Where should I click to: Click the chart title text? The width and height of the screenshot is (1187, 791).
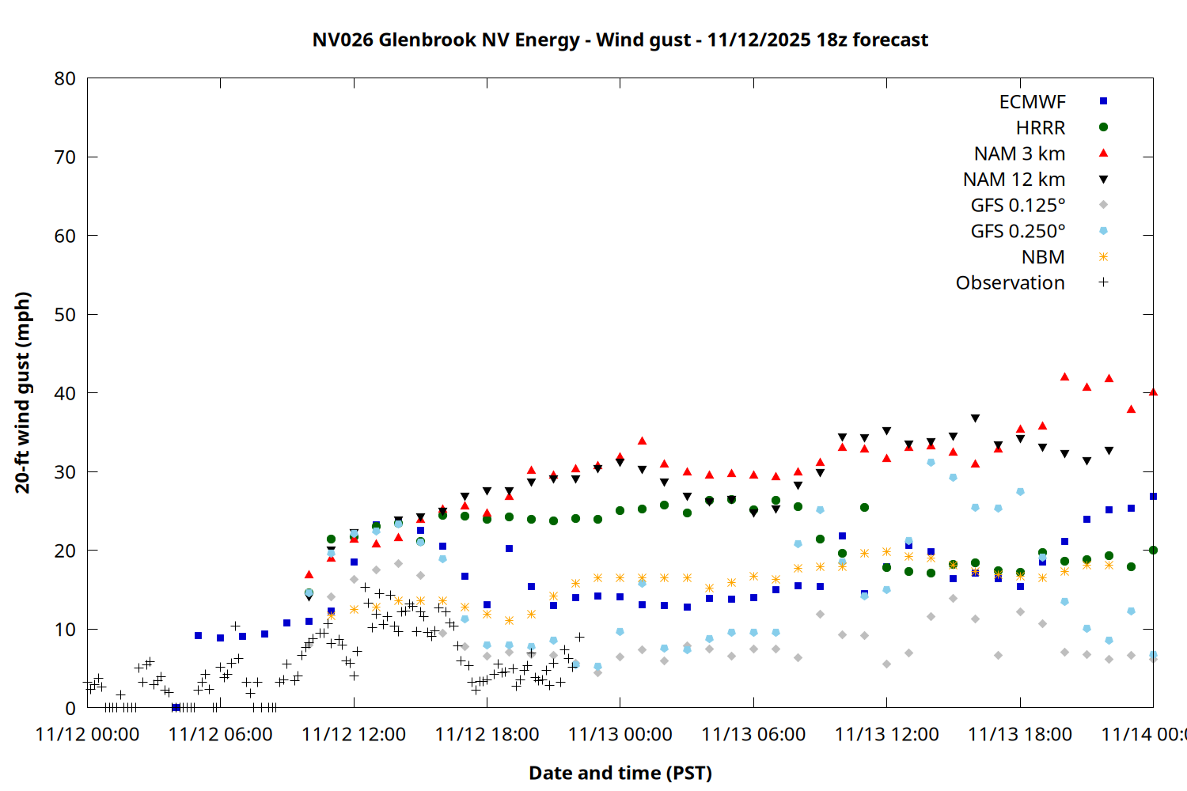tap(620, 40)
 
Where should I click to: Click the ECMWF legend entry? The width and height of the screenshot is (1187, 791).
tap(1032, 102)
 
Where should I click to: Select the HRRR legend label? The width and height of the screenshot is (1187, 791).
tap(1041, 128)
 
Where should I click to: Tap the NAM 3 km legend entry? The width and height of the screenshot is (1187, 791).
tap(1019, 153)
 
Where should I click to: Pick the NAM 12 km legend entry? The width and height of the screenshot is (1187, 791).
tap(1014, 180)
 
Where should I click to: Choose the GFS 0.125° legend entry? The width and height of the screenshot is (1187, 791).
tap(1018, 206)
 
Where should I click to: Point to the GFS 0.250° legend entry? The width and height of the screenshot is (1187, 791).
tap(1018, 232)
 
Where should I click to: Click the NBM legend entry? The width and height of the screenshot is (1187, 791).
tap(1043, 257)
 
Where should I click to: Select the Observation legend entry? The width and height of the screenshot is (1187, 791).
tap(1010, 283)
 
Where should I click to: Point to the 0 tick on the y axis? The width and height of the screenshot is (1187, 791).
tap(71, 708)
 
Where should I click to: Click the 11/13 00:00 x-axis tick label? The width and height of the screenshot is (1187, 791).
tap(620, 734)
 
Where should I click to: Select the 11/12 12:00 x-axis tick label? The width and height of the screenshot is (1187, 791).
tap(354, 734)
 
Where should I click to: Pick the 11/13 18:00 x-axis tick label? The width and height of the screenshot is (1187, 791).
tap(1020, 734)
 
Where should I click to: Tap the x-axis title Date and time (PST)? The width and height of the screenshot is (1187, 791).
tap(620, 773)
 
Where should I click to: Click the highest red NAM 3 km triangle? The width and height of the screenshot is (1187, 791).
tap(1064, 377)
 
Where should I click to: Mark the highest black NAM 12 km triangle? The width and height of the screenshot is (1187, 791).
tap(975, 418)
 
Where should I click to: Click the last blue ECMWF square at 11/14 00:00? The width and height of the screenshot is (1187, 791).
tap(1153, 497)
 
